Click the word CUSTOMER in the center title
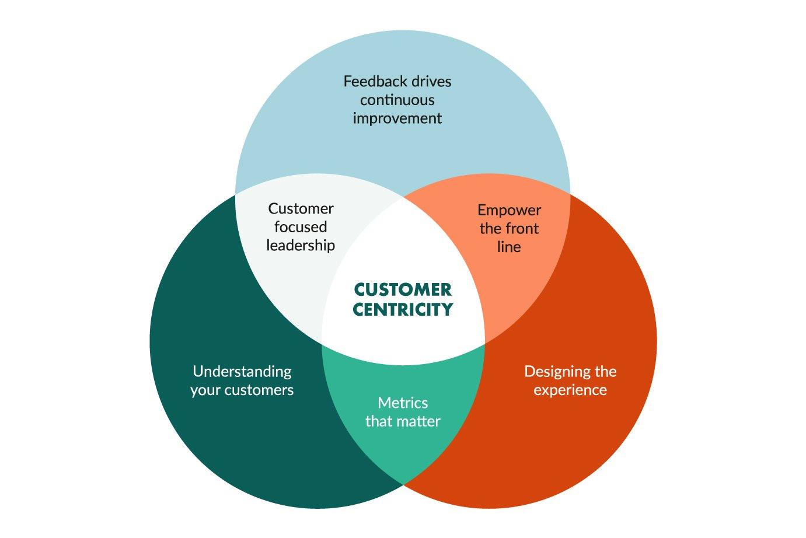coord(403,290)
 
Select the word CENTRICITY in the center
coord(403,310)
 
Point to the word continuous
coord(397,100)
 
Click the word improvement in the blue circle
coord(397,118)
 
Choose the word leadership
coord(301,246)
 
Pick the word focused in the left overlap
coord(301,227)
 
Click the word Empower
coord(509,210)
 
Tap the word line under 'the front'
coord(509,247)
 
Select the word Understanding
coord(242,372)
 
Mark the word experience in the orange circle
coord(570,390)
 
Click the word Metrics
coord(403,403)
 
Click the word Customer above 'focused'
coord(301,209)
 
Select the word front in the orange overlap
coord(522,229)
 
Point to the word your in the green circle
coord(205,390)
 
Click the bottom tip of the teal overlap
coord(403,482)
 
